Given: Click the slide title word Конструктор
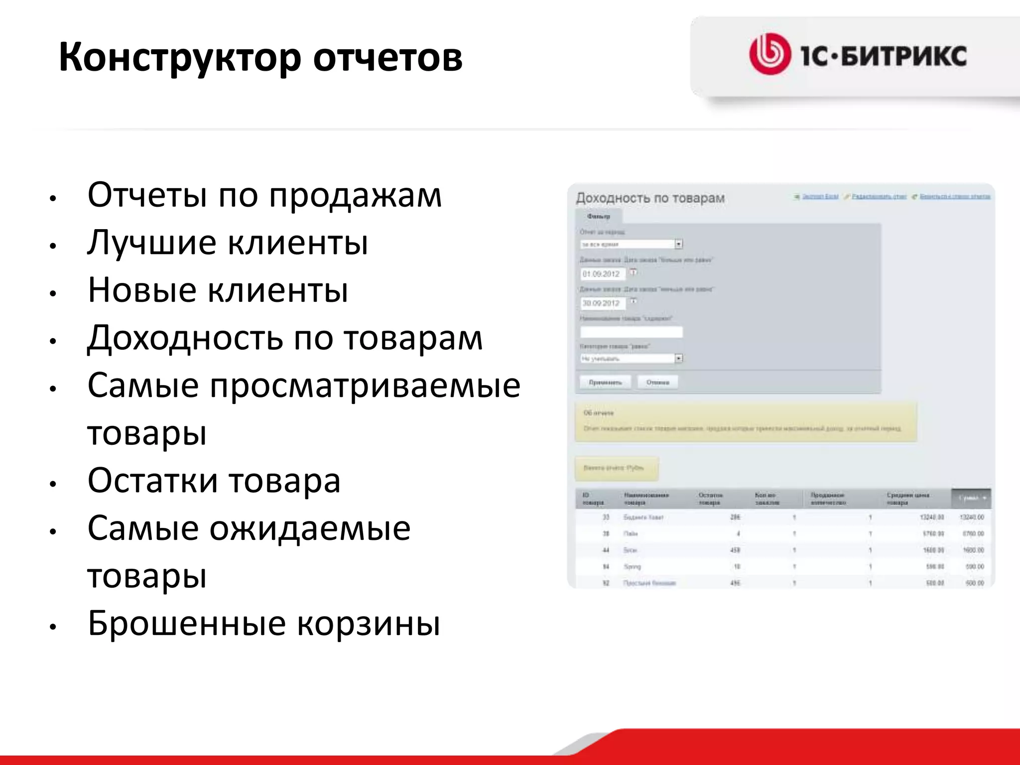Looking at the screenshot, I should click(x=179, y=57).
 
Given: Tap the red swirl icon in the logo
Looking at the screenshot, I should click(x=769, y=54).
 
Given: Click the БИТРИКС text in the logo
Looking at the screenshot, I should click(x=904, y=55).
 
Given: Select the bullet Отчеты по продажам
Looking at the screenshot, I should click(x=264, y=195).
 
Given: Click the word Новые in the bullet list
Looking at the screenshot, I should click(x=142, y=290).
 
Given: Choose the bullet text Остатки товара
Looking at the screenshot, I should click(x=214, y=481).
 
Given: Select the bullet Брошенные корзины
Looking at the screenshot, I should click(x=264, y=623).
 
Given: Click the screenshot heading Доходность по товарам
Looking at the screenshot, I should click(x=650, y=198).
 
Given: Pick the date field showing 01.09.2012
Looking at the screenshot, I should click(x=602, y=274).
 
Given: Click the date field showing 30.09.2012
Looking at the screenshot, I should click(x=602, y=303).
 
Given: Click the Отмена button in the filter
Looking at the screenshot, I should click(x=657, y=382).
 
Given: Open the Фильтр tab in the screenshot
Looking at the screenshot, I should click(x=598, y=216).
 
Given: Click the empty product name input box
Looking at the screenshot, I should click(x=631, y=332).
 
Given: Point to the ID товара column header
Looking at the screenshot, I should click(x=593, y=499).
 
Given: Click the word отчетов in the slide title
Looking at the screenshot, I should click(x=387, y=57).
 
